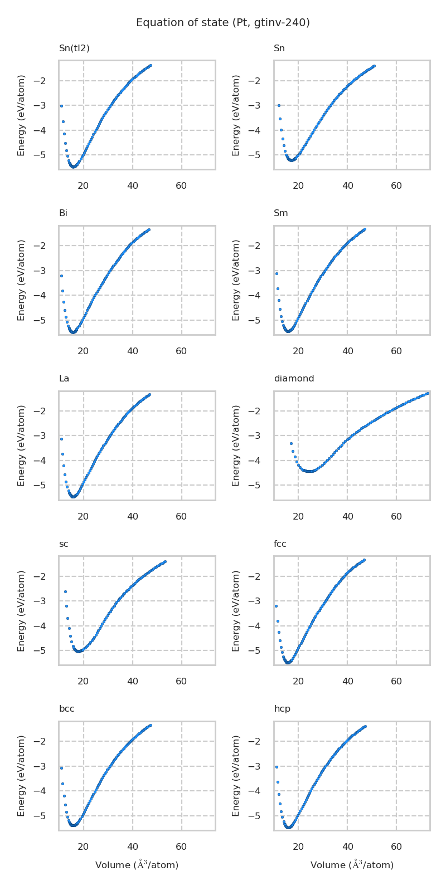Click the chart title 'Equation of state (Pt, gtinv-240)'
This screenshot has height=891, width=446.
(x=223, y=23)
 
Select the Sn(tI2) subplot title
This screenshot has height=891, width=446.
(x=74, y=48)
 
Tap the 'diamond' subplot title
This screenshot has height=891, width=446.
(x=294, y=379)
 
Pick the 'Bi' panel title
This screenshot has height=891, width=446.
(x=63, y=213)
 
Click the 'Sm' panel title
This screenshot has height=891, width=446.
(x=280, y=213)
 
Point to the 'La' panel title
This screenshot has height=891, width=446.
(x=64, y=379)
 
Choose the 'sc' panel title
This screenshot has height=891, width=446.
(x=64, y=544)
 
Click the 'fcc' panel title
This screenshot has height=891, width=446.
(x=280, y=544)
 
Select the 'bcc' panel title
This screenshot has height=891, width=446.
(x=66, y=709)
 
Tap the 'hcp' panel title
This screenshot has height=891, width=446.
(x=282, y=709)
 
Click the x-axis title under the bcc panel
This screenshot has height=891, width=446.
(x=137, y=865)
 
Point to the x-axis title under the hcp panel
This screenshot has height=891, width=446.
(x=352, y=865)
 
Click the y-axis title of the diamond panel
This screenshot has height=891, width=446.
(x=236, y=445)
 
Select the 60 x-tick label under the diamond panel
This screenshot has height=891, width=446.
(x=396, y=517)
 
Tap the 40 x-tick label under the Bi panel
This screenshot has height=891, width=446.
(x=133, y=351)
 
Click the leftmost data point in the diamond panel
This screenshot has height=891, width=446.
(x=291, y=443)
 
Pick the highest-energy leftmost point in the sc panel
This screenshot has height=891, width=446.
(x=65, y=591)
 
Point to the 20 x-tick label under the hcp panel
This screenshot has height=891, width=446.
(x=298, y=847)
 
